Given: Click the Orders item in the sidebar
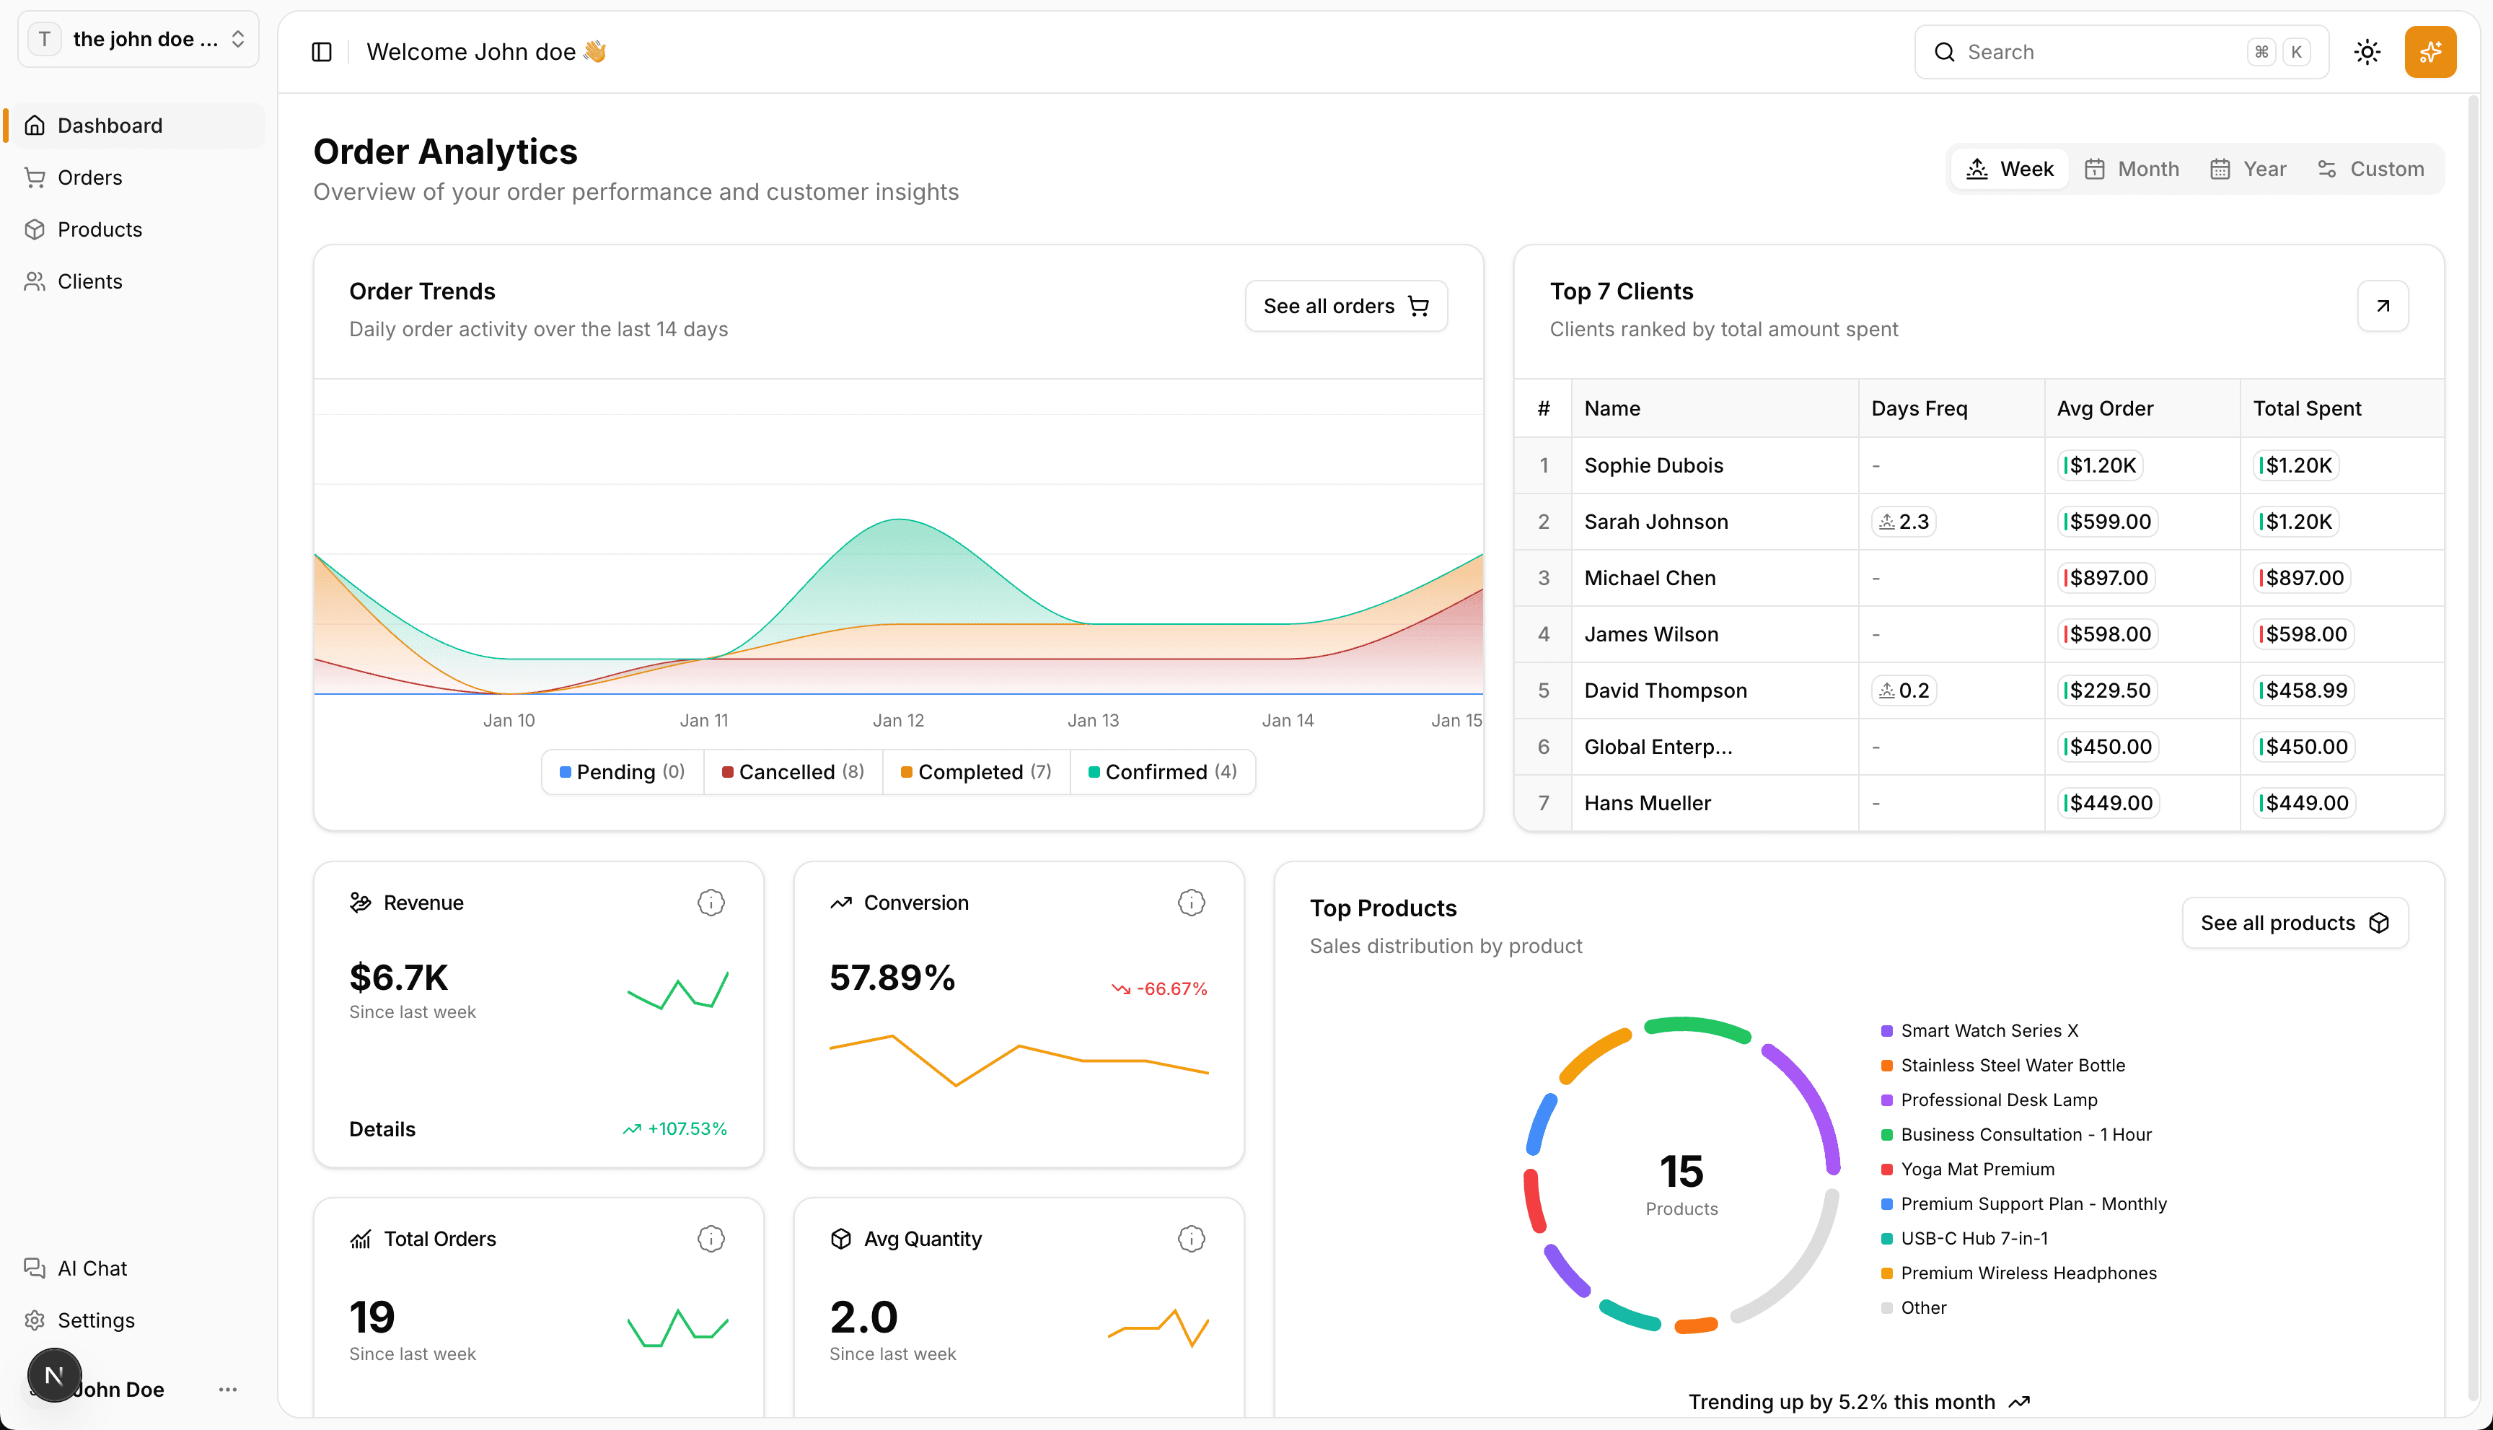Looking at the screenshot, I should [89, 177].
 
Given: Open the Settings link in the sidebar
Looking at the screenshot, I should [95, 1320].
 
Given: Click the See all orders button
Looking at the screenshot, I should [1345, 307].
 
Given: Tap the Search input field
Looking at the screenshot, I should [2101, 52].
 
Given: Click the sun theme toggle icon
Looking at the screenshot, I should [2367, 52].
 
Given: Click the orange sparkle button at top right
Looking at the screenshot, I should [2430, 52].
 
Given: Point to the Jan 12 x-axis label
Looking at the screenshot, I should [898, 720].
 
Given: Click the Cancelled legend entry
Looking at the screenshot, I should [792, 772].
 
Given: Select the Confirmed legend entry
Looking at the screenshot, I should [1161, 772].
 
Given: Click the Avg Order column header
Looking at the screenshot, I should [2104, 408].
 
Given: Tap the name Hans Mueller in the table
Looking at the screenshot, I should [1647, 804].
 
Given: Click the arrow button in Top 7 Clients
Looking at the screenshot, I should [2382, 307].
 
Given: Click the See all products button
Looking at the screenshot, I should [2294, 924].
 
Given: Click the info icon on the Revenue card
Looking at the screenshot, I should [711, 903].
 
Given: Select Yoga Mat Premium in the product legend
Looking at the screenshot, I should [1977, 1169].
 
